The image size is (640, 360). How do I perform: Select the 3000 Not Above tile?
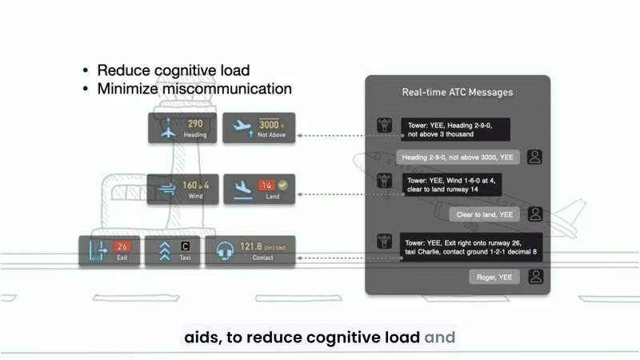pyautogui.click(x=258, y=128)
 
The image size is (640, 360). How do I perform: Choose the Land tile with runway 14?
pyautogui.click(x=258, y=190)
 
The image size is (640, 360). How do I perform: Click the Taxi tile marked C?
pyautogui.click(x=172, y=251)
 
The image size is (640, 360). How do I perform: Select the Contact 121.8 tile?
pyautogui.click(x=250, y=251)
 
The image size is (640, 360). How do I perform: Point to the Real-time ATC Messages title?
pyautogui.click(x=457, y=93)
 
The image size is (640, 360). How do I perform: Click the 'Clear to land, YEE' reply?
pyautogui.click(x=486, y=214)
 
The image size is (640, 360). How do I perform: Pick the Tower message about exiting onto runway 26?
pyautogui.click(x=470, y=248)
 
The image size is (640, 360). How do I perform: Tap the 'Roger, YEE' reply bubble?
pyautogui.click(x=494, y=277)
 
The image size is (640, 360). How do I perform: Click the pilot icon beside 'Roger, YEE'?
pyautogui.click(x=535, y=277)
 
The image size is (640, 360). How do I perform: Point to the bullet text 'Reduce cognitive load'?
pyautogui.click(x=174, y=70)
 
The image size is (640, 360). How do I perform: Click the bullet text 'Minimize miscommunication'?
pyautogui.click(x=194, y=89)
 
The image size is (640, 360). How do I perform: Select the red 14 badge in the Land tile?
pyautogui.click(x=266, y=186)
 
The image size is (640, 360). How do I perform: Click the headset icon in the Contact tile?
pyautogui.click(x=226, y=251)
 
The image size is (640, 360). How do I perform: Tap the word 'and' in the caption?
pyautogui.click(x=439, y=338)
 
